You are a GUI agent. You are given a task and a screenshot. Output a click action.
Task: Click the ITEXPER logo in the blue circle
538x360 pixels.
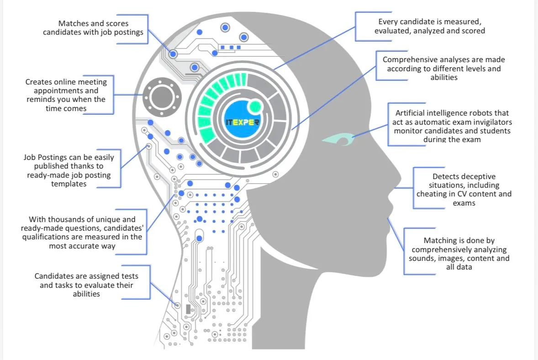click(243, 122)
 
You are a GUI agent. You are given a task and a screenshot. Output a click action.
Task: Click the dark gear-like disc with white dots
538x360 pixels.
click(162, 97)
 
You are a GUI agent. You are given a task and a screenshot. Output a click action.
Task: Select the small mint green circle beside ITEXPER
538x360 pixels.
click(255, 107)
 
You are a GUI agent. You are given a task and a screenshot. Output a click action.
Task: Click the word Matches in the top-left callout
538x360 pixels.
click(71, 23)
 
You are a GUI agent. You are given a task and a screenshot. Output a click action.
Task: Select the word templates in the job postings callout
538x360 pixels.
click(69, 184)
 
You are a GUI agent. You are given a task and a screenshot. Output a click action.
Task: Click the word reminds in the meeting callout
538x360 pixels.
click(40, 99)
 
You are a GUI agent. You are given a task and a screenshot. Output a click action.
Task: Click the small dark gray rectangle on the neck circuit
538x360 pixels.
click(188, 308)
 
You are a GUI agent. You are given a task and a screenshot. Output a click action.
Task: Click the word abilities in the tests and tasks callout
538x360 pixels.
click(86, 294)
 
